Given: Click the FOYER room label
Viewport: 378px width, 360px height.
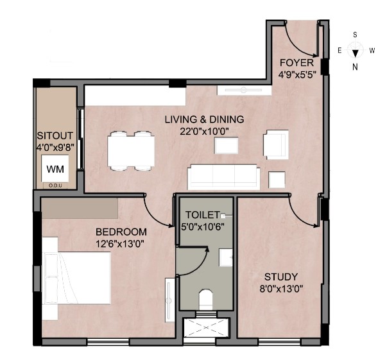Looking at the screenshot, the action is tap(296, 63).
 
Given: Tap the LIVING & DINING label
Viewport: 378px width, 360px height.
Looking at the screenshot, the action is tap(204, 119).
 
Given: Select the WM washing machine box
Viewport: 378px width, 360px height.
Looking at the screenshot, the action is tap(55, 169).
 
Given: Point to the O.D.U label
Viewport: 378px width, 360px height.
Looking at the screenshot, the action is tap(55, 185).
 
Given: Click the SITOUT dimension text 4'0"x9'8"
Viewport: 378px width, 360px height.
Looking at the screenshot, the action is tap(55, 148).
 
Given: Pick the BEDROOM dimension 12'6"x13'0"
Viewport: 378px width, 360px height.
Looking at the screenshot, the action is tap(120, 244).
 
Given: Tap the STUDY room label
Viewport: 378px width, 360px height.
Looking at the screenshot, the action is tap(281, 277).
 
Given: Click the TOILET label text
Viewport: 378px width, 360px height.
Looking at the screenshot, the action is tap(203, 214).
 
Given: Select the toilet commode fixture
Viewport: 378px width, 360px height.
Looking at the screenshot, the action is tap(206, 300).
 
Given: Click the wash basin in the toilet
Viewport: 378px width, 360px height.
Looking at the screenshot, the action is tap(226, 257).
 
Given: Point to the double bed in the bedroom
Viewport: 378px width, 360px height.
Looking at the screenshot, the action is tap(76, 278).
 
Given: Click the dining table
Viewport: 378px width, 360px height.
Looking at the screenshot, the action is tap(131, 151).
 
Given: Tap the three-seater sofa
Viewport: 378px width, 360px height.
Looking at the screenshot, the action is tap(224, 177).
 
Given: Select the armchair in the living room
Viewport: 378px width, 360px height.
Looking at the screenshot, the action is tap(276, 144).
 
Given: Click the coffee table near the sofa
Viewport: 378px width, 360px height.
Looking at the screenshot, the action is tap(226, 146).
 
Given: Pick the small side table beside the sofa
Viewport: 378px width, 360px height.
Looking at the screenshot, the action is tap(277, 180).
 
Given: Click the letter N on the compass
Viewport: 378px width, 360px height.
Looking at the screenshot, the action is tap(355, 67).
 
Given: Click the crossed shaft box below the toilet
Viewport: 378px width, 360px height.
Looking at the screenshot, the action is tap(205, 327).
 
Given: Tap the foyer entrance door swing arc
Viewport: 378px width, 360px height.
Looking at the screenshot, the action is tap(297, 43).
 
